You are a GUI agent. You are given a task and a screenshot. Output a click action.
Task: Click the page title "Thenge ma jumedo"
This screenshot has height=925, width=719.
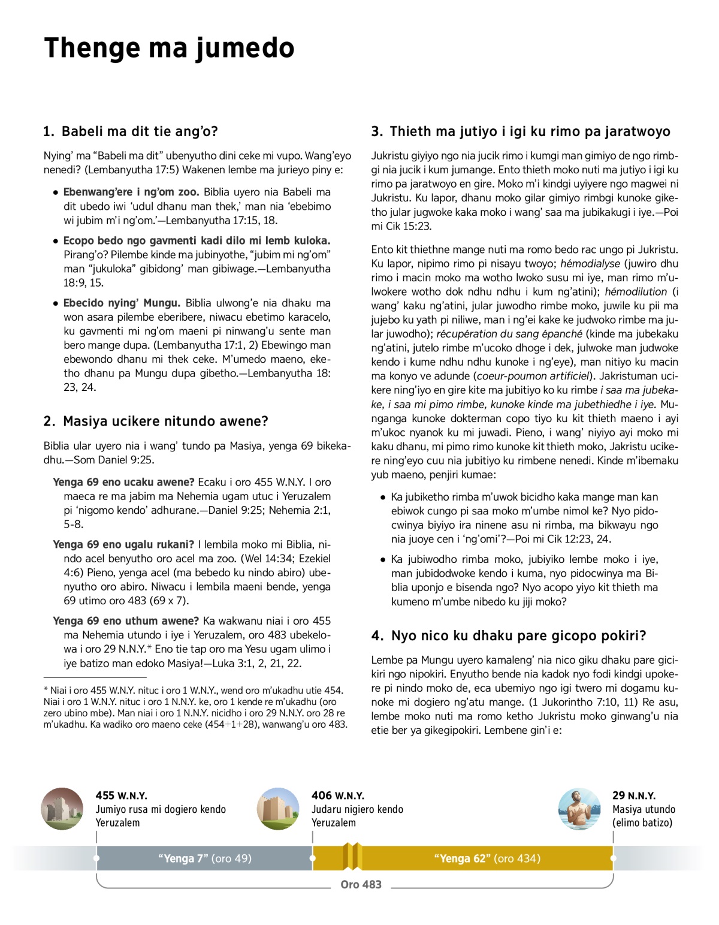(169, 48)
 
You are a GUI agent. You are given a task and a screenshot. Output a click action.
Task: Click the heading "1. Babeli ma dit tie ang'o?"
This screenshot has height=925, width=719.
(131, 131)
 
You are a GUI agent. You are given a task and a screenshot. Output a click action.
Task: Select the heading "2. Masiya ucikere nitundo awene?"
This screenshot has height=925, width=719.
(156, 421)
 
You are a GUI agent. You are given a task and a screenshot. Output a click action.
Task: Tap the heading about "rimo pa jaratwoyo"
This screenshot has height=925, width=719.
(521, 131)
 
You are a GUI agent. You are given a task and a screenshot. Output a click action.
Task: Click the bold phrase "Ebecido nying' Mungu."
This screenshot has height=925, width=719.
(122, 303)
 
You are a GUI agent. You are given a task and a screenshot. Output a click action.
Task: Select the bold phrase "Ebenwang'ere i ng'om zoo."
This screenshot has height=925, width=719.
(131, 192)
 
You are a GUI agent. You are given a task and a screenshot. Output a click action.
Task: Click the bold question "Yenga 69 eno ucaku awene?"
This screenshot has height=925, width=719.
(123, 482)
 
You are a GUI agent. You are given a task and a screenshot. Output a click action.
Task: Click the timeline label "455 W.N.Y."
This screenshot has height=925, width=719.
(121, 796)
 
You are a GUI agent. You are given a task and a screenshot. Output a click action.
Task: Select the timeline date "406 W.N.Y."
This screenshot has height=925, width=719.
(337, 796)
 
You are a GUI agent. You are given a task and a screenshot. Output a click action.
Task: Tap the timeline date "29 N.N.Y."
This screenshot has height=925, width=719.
(634, 796)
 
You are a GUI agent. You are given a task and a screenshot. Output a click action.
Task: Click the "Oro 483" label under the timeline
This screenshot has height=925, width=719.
(361, 884)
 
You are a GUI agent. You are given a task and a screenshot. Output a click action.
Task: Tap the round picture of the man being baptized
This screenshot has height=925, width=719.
(579, 809)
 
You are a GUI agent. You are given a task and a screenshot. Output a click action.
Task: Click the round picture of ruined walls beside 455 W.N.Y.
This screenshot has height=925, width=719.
(62, 809)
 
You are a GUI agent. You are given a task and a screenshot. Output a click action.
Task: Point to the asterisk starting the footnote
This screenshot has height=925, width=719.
(46, 690)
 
